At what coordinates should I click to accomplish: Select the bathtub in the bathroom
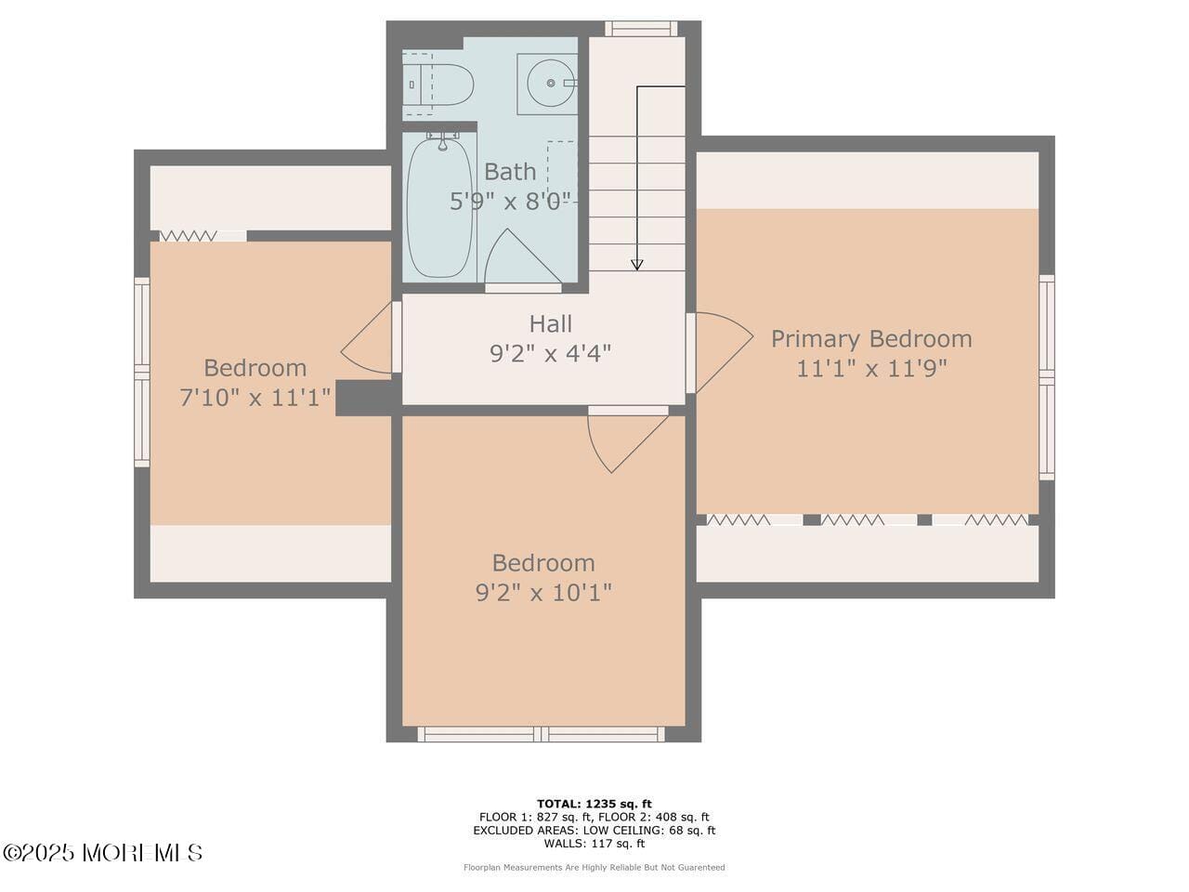coord(439,207)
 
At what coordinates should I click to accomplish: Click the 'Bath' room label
coord(510,172)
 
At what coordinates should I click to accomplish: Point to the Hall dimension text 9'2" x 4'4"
coord(550,354)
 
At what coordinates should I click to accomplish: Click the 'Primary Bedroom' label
coord(871,339)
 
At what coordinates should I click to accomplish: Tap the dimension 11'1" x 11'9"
coord(871,369)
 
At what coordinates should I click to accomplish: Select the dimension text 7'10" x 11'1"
coord(255,399)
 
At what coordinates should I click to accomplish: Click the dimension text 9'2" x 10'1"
coord(543,593)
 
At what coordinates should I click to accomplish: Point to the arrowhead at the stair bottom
coord(637,265)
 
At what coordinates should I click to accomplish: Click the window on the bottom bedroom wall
coord(541,734)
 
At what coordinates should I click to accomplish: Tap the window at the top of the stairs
coord(640,29)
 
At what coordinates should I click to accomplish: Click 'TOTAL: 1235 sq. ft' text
coord(594,804)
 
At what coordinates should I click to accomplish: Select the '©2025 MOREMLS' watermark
coord(102,852)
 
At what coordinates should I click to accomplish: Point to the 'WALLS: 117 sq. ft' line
coord(594,844)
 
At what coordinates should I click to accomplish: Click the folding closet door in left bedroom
coord(189,236)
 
